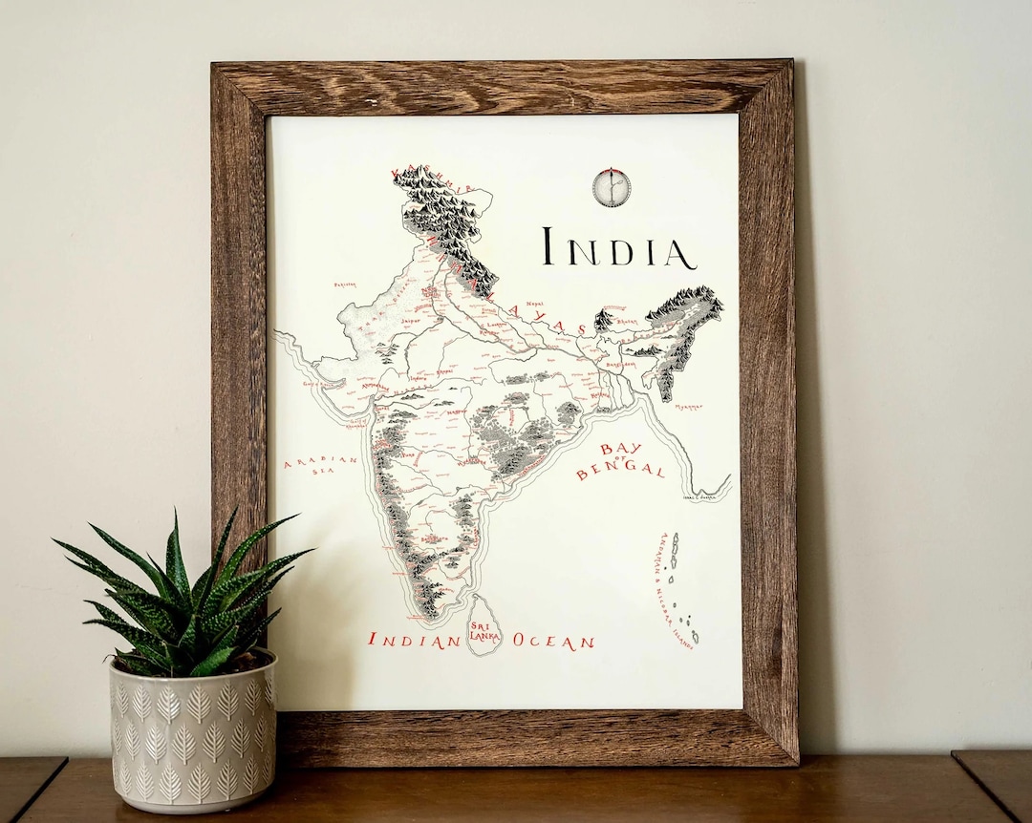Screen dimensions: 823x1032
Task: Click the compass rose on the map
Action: tap(611, 187)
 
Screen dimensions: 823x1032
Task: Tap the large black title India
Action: tap(618, 248)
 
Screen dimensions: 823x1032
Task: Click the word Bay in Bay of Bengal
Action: tap(621, 451)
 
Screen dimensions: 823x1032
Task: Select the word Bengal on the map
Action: tap(620, 470)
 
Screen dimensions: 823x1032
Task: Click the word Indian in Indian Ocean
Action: tap(415, 641)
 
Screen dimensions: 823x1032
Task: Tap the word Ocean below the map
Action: tap(553, 642)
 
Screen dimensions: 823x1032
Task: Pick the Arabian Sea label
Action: tap(320, 465)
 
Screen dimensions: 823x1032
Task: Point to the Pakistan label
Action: tap(345, 284)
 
